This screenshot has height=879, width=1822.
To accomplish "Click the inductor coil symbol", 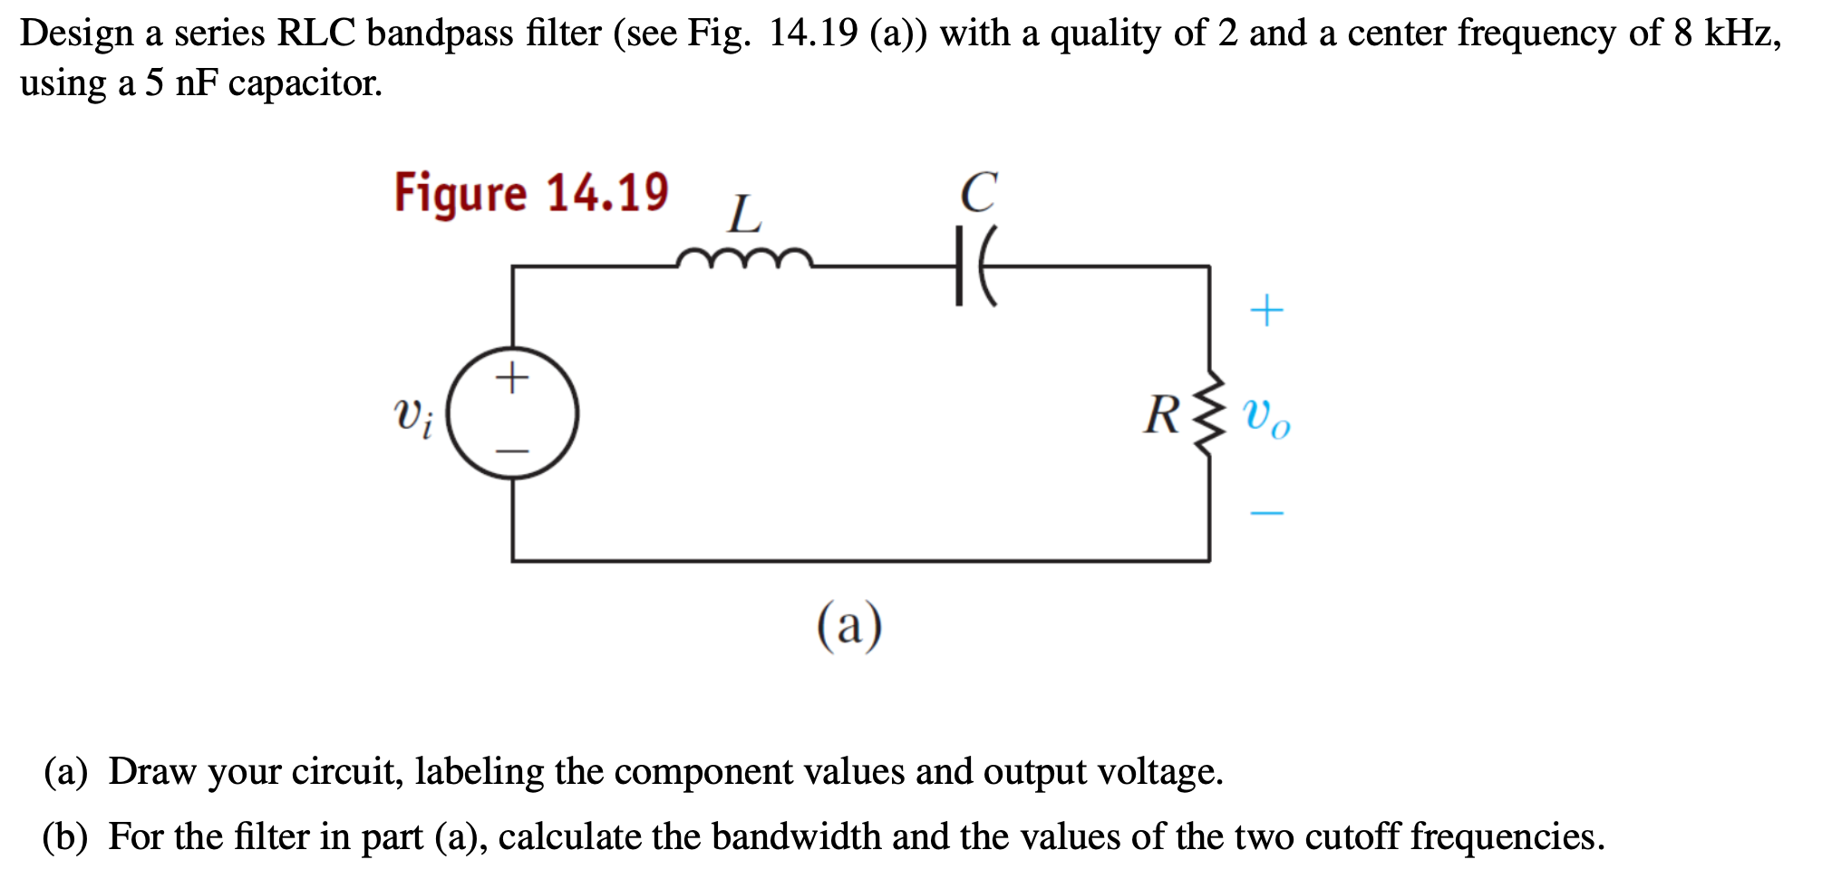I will click(x=744, y=260).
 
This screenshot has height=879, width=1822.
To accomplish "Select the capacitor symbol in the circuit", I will click(x=974, y=267).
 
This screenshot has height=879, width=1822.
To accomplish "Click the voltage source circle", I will click(x=513, y=413).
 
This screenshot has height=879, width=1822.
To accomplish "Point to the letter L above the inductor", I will click(x=745, y=215).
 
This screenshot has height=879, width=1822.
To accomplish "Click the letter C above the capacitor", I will click(x=979, y=192).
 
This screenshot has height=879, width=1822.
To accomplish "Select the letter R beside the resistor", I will click(x=1162, y=415).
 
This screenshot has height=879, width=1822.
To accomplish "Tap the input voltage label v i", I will click(x=413, y=416).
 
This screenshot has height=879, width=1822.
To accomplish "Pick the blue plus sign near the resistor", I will click(x=1266, y=311).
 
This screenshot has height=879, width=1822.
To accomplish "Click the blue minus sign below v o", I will click(x=1266, y=514).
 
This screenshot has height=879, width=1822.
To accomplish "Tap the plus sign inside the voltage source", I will click(x=512, y=377).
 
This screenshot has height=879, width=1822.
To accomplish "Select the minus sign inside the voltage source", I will click(x=512, y=450).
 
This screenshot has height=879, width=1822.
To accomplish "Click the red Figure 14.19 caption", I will click(x=531, y=193).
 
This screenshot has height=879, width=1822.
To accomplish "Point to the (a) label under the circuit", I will click(x=849, y=625).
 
